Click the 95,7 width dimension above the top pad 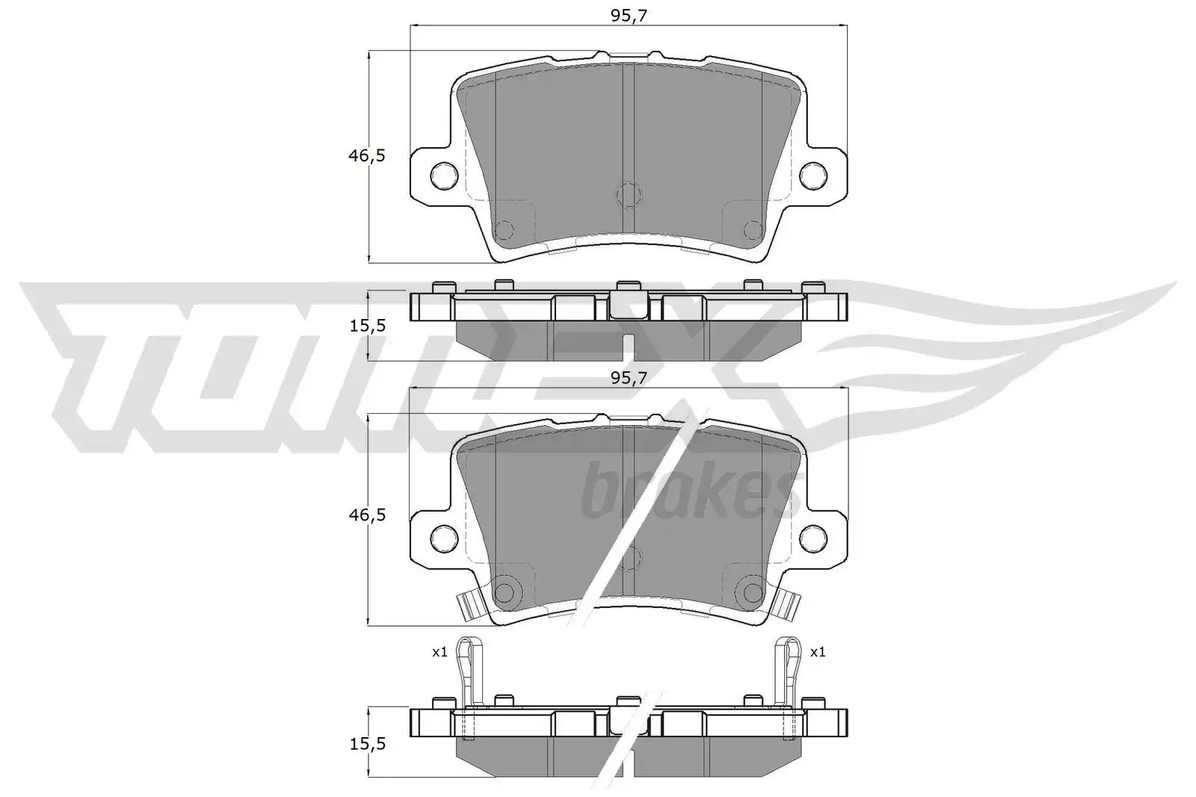click(x=629, y=16)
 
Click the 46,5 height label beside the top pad click(x=366, y=156)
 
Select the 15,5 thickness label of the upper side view click(x=367, y=326)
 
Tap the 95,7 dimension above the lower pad click(x=629, y=378)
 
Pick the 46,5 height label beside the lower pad click(x=366, y=515)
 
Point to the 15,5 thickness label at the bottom click(x=367, y=744)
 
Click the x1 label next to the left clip click(x=440, y=652)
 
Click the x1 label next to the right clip click(x=818, y=652)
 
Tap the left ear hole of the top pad click(x=444, y=175)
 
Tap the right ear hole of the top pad click(x=813, y=175)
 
